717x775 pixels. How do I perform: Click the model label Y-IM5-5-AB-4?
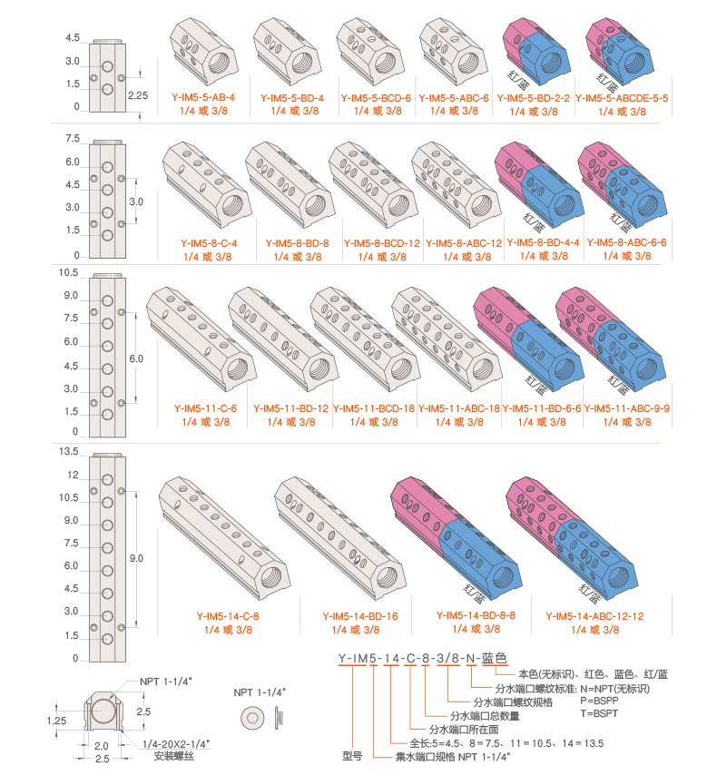[x=203, y=97]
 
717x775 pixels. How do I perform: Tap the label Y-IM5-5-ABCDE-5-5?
[x=622, y=98]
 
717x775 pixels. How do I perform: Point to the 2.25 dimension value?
[x=137, y=94]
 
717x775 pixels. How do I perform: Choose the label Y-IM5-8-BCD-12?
[x=381, y=243]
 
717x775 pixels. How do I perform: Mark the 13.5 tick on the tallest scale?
[x=70, y=451]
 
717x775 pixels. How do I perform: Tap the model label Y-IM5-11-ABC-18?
[x=459, y=409]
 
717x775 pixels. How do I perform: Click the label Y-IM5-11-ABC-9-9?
[x=626, y=409]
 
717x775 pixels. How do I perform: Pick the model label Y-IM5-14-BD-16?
[x=360, y=616]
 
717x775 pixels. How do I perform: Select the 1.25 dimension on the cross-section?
[x=56, y=719]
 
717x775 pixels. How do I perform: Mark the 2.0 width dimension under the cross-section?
[x=101, y=746]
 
